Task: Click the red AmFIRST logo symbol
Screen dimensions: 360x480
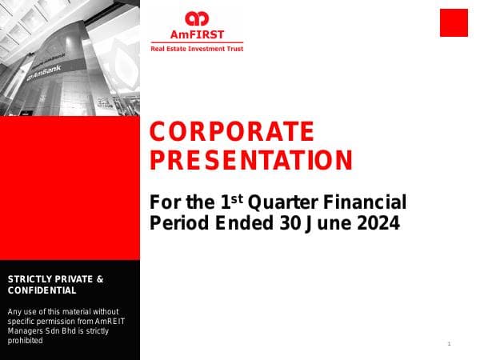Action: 196,18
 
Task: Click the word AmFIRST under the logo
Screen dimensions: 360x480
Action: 196,34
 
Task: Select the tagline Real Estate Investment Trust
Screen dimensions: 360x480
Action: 197,49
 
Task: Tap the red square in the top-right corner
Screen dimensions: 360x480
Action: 454,22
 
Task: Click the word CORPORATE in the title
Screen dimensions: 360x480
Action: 232,131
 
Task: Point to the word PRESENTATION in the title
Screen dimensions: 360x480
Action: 251,160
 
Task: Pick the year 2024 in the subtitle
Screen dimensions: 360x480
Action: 378,223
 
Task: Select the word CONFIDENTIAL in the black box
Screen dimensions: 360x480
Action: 42,290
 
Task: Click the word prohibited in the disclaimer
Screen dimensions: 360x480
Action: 25,340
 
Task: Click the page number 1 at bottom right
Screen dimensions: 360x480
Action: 450,344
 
